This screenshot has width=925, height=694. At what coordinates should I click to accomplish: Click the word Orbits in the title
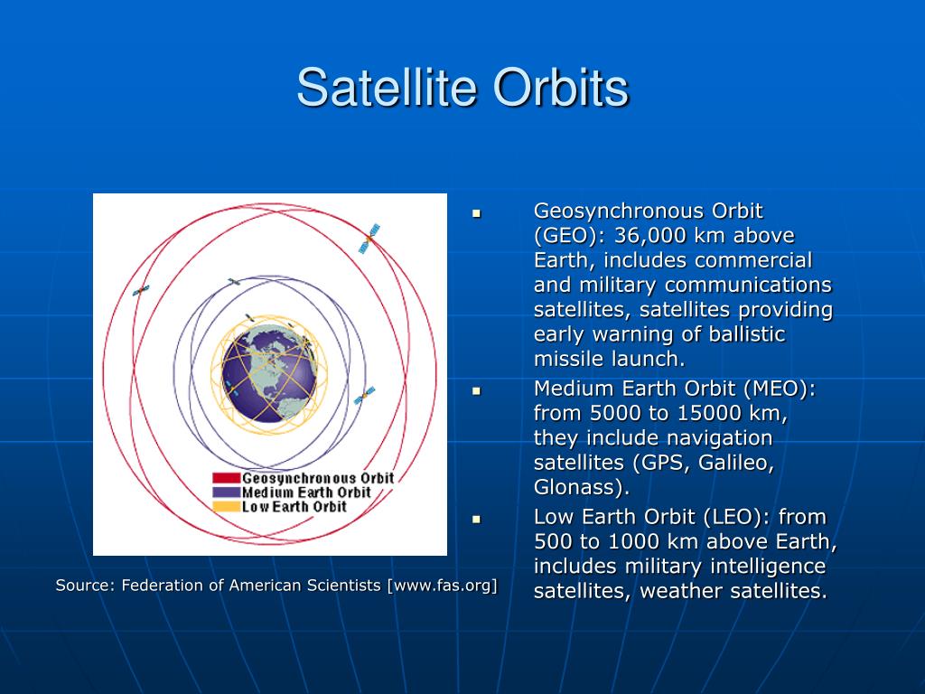tap(561, 88)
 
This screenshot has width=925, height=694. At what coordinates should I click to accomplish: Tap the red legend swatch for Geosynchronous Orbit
tap(227, 478)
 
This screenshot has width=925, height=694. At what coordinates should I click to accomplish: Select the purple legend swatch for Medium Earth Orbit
tap(227, 492)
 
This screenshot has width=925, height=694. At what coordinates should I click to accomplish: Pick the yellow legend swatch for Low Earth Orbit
tap(227, 506)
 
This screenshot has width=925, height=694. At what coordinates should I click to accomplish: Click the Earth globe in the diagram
tap(269, 374)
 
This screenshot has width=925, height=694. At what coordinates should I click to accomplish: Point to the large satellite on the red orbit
tap(369, 239)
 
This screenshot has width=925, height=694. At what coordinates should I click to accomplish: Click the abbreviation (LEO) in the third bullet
tap(737, 517)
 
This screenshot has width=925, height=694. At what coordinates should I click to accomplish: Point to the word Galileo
tap(735, 463)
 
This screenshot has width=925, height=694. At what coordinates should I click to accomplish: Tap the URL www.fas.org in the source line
tap(442, 586)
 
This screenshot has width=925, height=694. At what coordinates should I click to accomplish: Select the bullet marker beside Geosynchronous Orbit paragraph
tap(477, 213)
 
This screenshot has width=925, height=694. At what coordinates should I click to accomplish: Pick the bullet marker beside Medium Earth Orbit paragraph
tap(477, 391)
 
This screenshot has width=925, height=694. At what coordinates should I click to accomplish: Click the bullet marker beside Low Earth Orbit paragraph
tap(477, 520)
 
